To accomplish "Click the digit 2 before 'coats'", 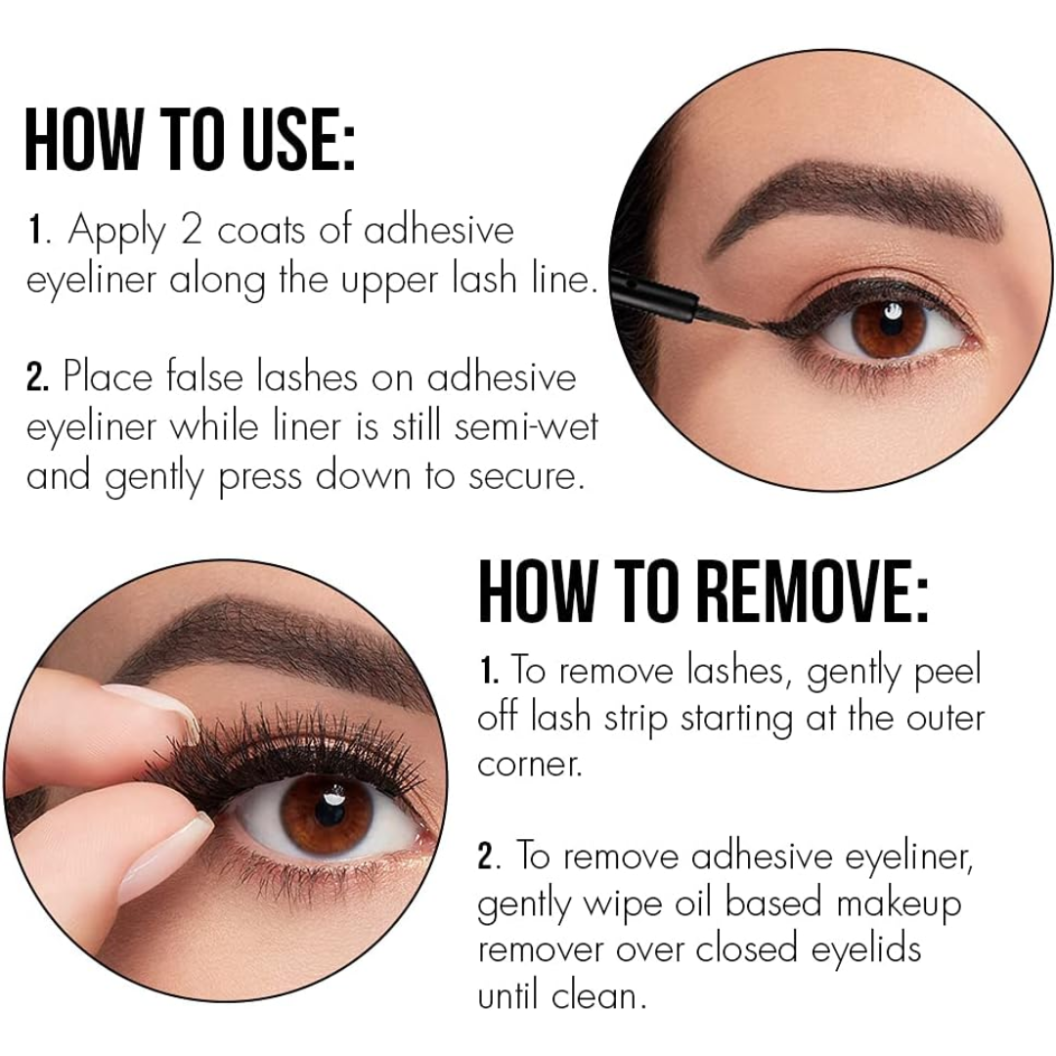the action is click(192, 230).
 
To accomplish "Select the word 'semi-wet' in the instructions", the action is click(525, 427).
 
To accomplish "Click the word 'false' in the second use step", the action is click(204, 375).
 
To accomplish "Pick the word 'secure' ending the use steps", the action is click(524, 477).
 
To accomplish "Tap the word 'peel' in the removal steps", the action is click(946, 672).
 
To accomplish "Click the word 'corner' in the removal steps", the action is click(529, 765).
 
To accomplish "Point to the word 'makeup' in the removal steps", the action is click(899, 905).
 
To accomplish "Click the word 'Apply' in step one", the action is click(115, 232).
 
